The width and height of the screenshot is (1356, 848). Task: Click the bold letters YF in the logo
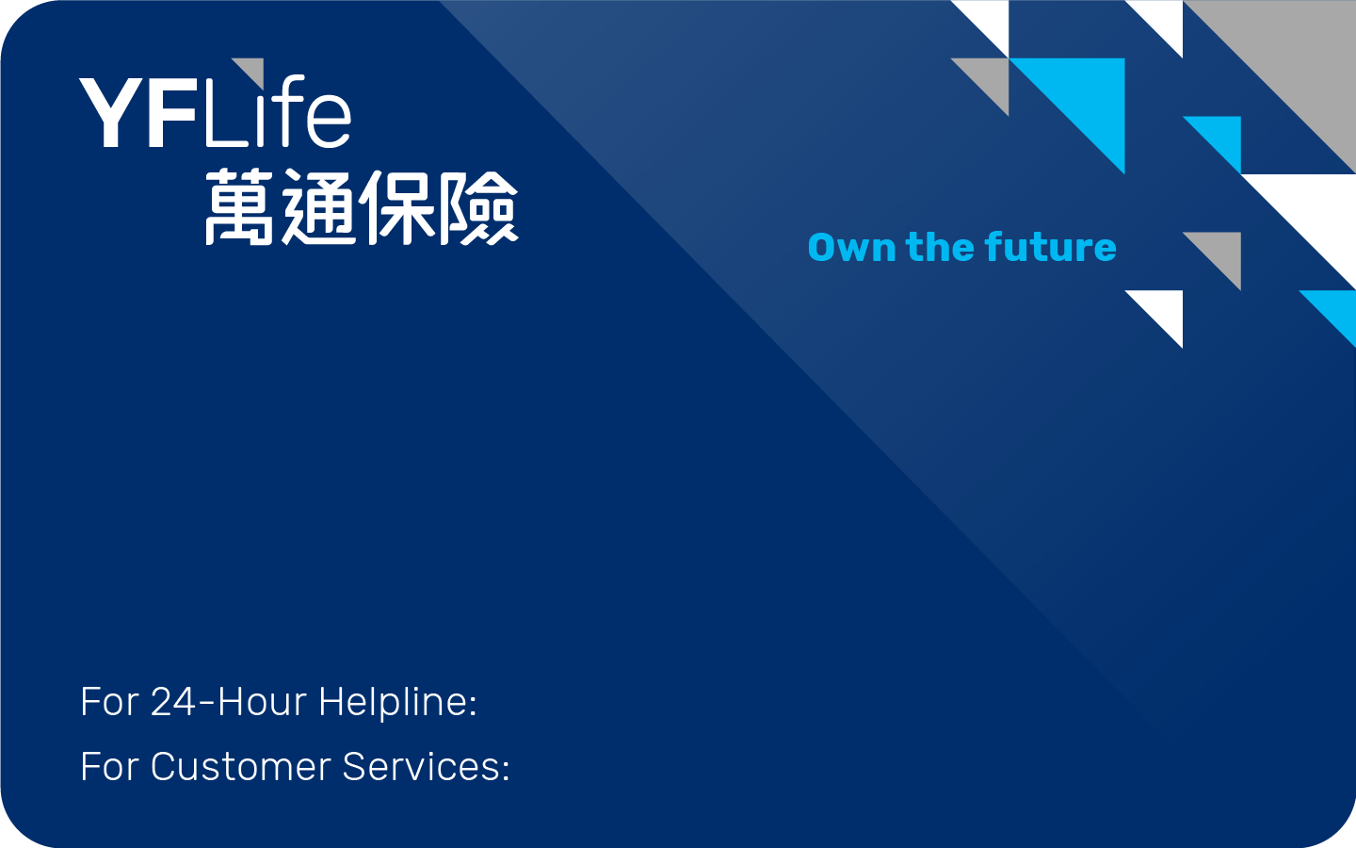[140, 114]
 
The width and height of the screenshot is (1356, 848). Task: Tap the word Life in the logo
[278, 114]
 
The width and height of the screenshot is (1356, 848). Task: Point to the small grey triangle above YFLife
[253, 70]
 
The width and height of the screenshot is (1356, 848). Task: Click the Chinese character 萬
[240, 207]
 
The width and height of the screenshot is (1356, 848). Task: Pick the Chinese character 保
[398, 207]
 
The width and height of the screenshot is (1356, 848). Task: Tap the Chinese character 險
[478, 207]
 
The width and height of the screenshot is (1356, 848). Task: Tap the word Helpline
[397, 702]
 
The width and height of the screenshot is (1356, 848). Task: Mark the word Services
[426, 767]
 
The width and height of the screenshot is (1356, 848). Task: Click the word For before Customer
[109, 767]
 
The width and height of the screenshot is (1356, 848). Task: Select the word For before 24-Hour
[109, 702]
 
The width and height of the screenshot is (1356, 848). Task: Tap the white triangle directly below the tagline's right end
[1164, 309]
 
